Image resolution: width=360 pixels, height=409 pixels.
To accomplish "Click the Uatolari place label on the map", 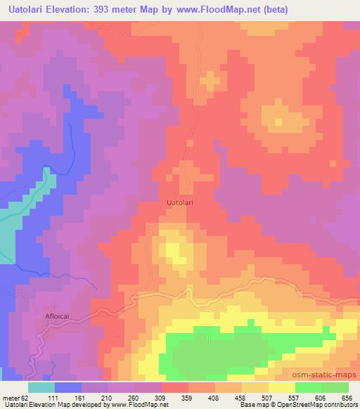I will click(x=180, y=202).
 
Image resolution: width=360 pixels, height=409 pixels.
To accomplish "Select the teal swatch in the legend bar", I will click(x=42, y=387).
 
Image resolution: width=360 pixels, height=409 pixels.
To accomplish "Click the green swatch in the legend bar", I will click(x=321, y=387).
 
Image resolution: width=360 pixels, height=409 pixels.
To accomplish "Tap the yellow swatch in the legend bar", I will click(x=281, y=387).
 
